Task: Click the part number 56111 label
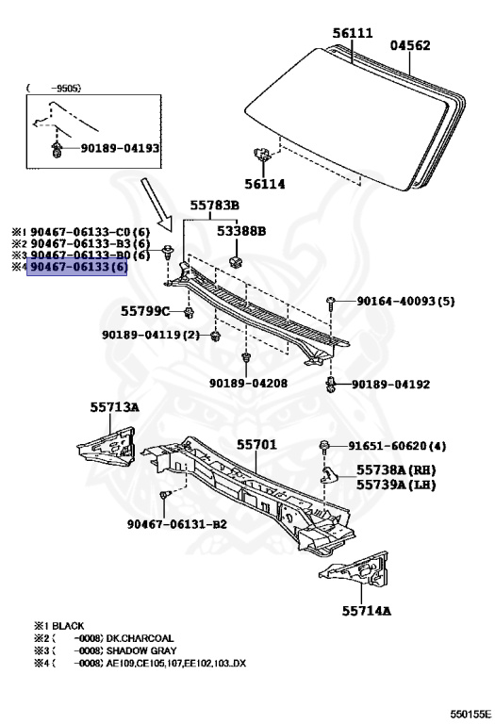[x=353, y=32]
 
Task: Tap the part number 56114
[x=265, y=184]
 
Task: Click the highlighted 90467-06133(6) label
[x=77, y=268]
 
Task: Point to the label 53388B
[x=241, y=230]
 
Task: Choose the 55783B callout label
[x=214, y=205]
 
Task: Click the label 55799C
[x=144, y=310]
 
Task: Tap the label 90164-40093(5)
[x=405, y=302]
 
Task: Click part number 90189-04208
[x=248, y=383]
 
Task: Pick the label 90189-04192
[x=390, y=385]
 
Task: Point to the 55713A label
[x=115, y=407]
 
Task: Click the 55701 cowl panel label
[x=256, y=443]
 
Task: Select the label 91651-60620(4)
[x=410, y=446]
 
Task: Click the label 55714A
[x=366, y=610]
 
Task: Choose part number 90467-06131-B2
[x=178, y=523]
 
